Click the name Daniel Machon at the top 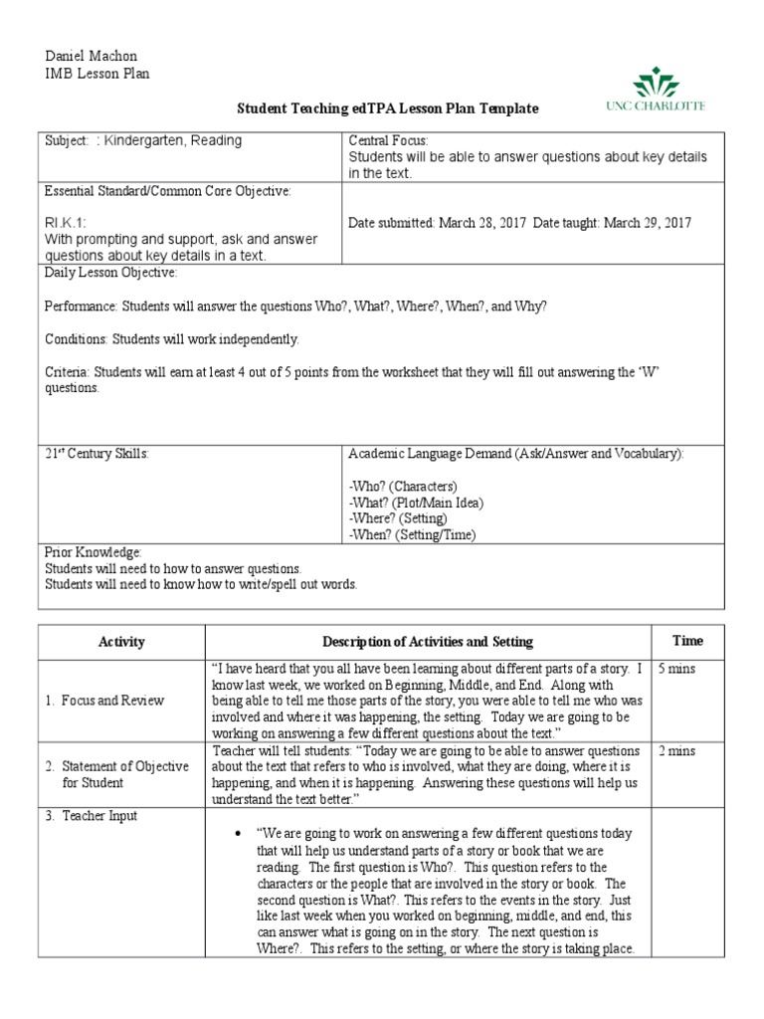click(88, 57)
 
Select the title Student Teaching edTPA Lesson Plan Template click(387, 108)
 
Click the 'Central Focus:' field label click(388, 141)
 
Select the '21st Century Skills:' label click(96, 454)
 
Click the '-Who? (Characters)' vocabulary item click(403, 487)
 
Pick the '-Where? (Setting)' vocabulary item click(398, 518)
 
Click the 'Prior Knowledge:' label click(94, 551)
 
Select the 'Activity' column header click(121, 642)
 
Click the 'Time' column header click(687, 641)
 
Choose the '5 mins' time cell click(676, 669)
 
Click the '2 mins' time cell click(676, 750)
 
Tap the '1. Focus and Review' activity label click(105, 701)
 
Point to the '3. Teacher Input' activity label click(92, 816)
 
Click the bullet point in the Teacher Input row click(233, 833)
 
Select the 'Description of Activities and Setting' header click(428, 642)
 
